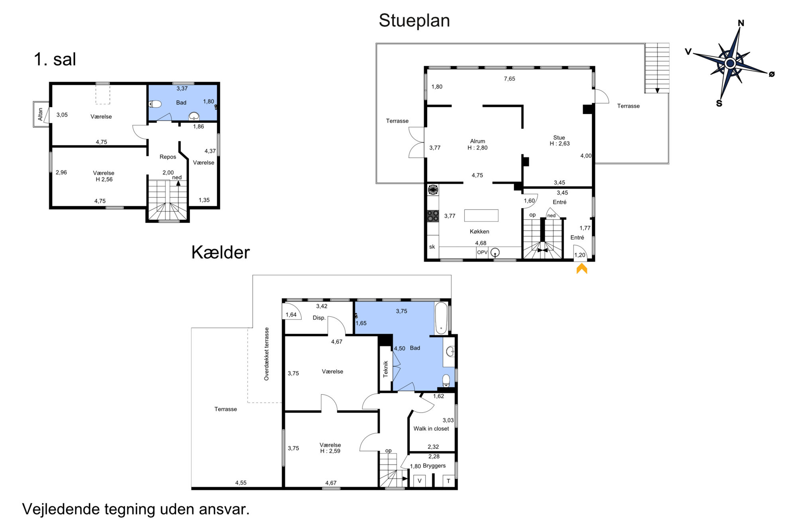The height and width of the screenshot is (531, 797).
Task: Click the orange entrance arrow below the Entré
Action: tap(582, 268)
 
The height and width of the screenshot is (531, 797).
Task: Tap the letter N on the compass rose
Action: tap(741, 23)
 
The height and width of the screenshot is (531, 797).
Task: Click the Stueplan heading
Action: tap(414, 21)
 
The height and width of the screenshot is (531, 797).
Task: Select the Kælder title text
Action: tap(220, 252)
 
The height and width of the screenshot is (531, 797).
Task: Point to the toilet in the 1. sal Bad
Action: tap(155, 104)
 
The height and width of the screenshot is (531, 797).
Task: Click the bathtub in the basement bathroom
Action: tap(441, 318)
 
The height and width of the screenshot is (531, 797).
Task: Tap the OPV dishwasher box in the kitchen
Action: tap(482, 253)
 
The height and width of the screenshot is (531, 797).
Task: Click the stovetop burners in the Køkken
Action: tap(433, 216)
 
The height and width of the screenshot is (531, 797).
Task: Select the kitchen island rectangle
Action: tap(481, 216)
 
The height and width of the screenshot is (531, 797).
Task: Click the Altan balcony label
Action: tap(40, 114)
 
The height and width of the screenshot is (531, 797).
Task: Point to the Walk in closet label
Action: tap(431, 429)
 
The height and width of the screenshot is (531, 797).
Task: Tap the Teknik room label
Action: tap(385, 369)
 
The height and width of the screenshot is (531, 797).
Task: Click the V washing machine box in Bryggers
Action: tap(419, 481)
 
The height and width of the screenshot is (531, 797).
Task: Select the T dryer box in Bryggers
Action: tap(448, 481)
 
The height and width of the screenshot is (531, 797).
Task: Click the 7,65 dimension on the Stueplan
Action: tap(509, 79)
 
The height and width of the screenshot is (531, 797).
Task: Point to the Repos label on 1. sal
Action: tap(168, 157)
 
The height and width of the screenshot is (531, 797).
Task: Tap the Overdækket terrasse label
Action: tap(267, 354)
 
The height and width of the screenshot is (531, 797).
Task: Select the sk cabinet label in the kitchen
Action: tap(432, 247)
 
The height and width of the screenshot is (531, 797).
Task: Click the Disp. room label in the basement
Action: tap(319, 318)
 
